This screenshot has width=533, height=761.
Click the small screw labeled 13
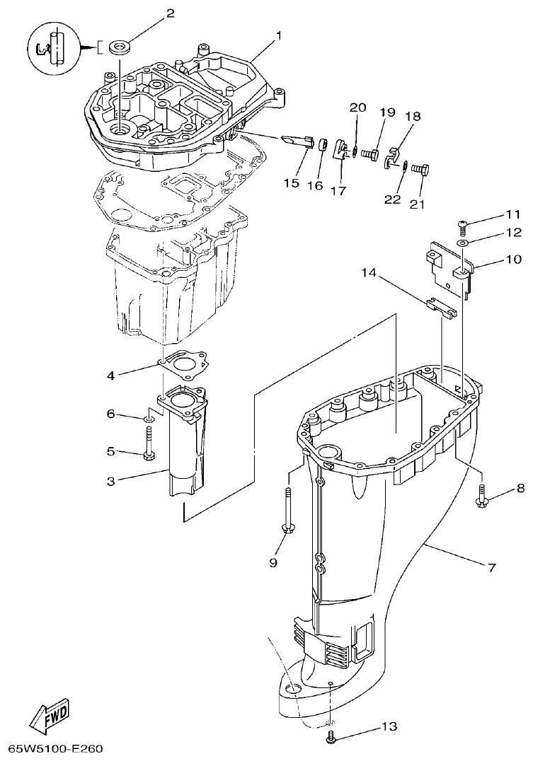(x=331, y=738)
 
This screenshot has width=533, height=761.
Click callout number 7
(x=491, y=567)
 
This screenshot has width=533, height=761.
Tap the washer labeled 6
(x=148, y=419)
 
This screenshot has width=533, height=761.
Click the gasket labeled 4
(x=183, y=366)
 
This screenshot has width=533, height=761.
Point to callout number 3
(x=110, y=481)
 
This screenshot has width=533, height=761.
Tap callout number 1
(x=278, y=35)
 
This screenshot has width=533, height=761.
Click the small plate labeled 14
(x=442, y=306)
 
